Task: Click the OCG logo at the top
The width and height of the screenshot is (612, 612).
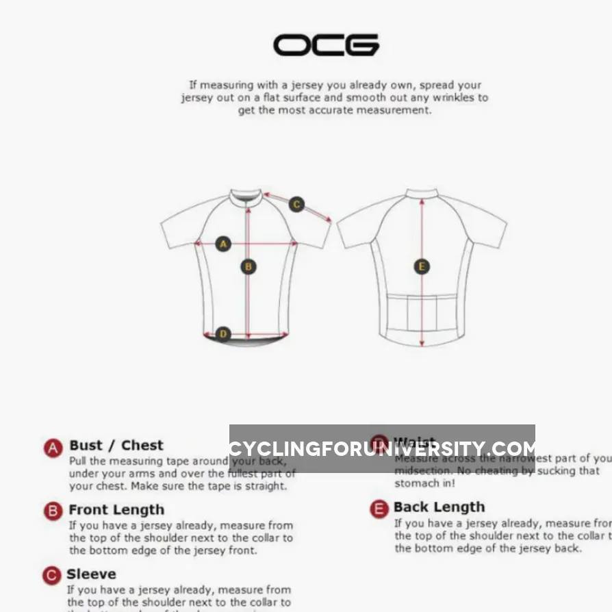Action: click(x=326, y=45)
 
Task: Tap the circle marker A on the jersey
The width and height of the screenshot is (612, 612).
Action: click(x=223, y=244)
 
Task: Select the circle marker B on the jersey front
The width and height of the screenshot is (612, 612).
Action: click(x=248, y=266)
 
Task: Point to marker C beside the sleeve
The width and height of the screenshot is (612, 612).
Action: click(x=296, y=204)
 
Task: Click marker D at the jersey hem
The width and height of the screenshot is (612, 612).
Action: click(x=223, y=334)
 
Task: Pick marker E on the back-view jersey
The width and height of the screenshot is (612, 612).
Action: click(x=422, y=266)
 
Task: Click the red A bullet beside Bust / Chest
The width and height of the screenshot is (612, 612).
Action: click(x=53, y=448)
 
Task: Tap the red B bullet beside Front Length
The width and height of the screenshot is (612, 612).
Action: click(x=53, y=511)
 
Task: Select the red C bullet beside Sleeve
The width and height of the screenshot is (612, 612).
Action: click(x=51, y=576)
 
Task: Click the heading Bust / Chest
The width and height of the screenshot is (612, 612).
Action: click(x=116, y=446)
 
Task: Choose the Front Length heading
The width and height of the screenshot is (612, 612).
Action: click(x=116, y=510)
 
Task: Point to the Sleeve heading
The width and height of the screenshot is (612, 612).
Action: click(x=91, y=574)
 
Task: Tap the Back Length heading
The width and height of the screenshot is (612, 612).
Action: click(x=439, y=507)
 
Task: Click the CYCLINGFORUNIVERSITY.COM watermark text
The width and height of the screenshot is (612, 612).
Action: click(x=382, y=449)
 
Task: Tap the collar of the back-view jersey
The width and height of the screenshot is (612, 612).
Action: click(x=422, y=194)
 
